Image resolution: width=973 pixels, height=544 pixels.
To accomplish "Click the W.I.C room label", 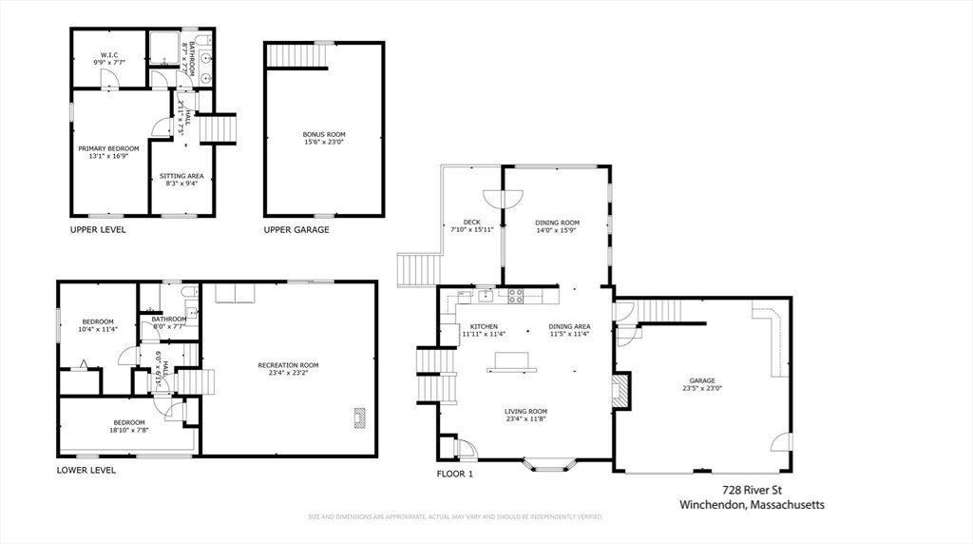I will pos(108,54).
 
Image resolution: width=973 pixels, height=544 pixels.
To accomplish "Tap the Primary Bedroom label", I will pos(108,148).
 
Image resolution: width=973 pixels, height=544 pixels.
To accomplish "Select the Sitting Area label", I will pos(181,176).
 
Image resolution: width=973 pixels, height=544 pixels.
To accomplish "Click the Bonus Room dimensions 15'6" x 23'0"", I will pos(324,143).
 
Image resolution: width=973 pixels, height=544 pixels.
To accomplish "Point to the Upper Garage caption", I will pos(296,230).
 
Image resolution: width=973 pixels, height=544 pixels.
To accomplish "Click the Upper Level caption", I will pos(98,230).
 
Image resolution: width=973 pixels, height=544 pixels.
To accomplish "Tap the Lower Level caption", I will pos(86,470).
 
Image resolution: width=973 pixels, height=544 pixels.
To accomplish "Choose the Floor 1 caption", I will pos(454,473).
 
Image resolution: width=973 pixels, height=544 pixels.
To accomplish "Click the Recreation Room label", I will pos(288,365).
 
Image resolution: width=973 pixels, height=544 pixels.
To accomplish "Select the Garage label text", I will pos(702,380).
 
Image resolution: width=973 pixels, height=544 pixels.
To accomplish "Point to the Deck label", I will pos(470,223).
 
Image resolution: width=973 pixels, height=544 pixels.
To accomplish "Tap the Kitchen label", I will pos(484,326).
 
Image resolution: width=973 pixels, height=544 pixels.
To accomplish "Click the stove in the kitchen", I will pos(516,296).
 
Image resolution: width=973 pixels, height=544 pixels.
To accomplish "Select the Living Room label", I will pos(525,411).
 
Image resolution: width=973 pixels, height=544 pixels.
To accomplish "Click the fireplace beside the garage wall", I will pos(620,391).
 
